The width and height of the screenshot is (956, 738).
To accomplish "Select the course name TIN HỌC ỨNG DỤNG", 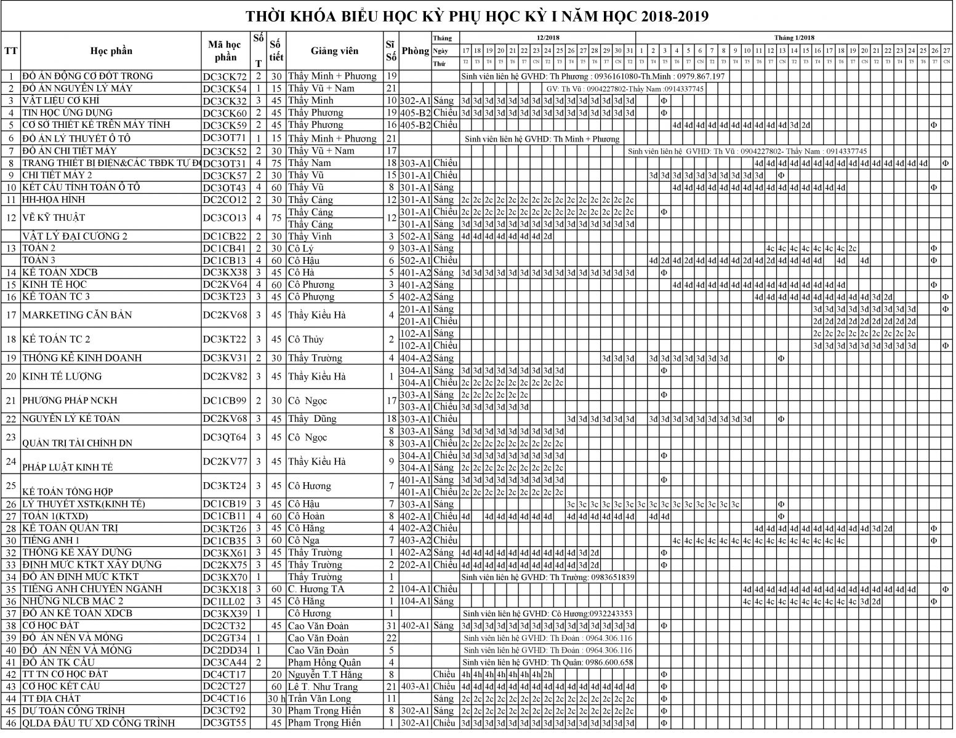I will pyautogui.click(x=68, y=113).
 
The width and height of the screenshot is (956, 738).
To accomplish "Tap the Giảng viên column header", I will pyautogui.click(x=334, y=51).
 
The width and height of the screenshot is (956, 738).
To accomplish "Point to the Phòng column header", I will pyautogui.click(x=416, y=51).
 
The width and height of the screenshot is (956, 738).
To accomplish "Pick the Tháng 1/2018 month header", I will pyautogui.click(x=794, y=38).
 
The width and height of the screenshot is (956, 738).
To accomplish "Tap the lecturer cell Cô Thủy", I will pyautogui.click(x=308, y=339).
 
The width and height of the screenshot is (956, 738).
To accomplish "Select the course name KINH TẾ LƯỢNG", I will pyautogui.click(x=62, y=376).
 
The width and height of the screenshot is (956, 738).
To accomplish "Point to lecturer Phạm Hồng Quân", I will pyautogui.click(x=324, y=663).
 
